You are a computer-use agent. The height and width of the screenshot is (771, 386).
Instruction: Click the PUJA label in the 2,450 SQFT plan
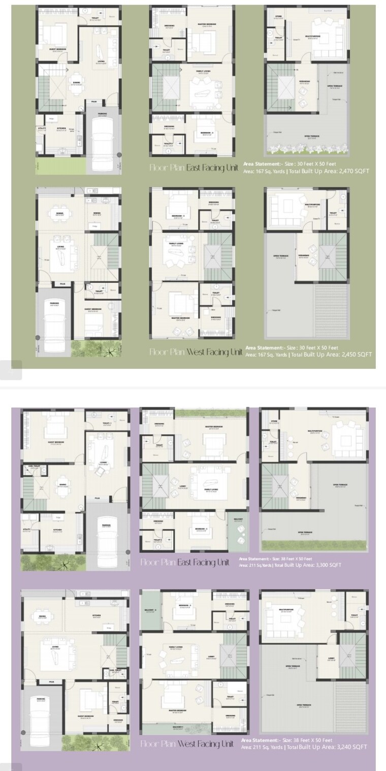[x=62, y=285]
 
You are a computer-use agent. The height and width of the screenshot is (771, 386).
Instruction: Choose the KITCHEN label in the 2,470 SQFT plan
[x=61, y=128]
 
